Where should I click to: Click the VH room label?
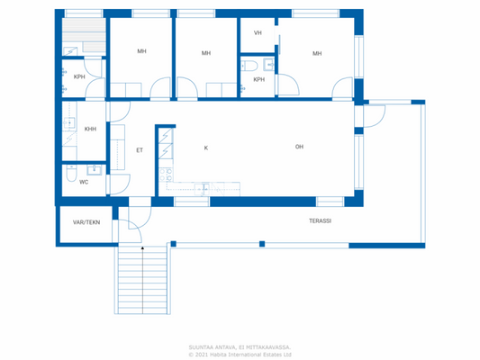[258, 32]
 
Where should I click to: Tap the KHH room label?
[90, 129]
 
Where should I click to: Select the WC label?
[84, 182]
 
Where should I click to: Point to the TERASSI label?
[321, 220]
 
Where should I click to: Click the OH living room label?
[299, 147]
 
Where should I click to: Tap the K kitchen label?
[205, 147]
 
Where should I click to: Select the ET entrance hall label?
[140, 149]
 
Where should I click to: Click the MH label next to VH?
[317, 53]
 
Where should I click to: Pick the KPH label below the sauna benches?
[79, 76]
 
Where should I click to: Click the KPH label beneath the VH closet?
[259, 79]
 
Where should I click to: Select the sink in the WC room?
[93, 169]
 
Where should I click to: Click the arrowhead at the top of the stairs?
[141, 246]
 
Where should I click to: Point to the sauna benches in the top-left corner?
[83, 37]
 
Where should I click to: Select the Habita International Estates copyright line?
[240, 354]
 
